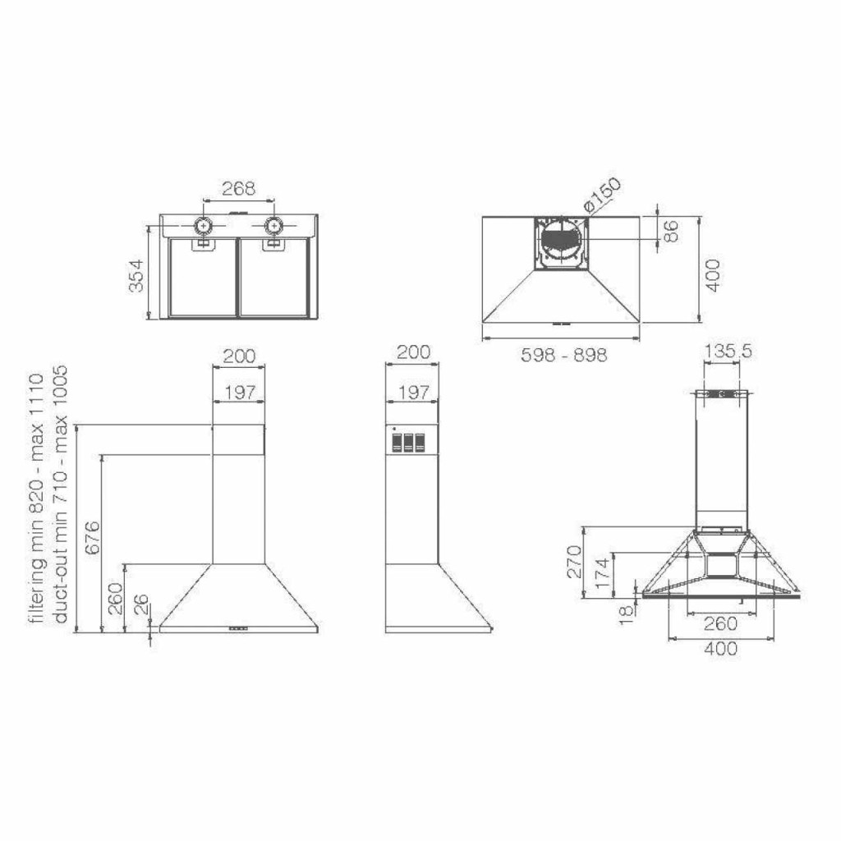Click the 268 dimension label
[239, 189]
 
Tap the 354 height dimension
[136, 276]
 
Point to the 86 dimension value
[671, 231]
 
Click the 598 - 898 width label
[564, 355]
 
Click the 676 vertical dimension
[92, 537]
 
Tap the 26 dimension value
[140, 604]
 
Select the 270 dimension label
[574, 562]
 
